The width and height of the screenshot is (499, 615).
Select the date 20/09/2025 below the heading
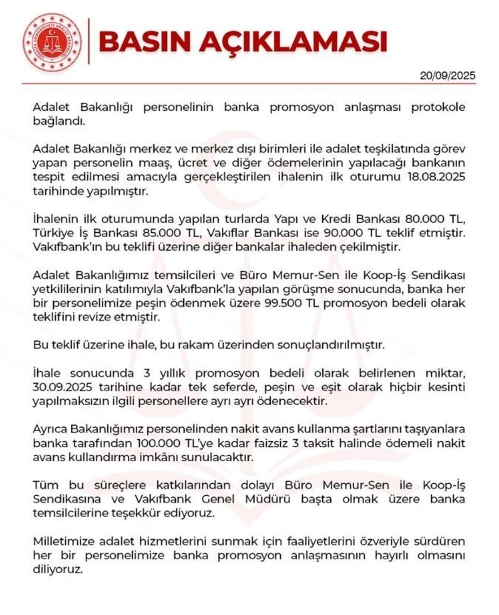pos(447,76)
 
